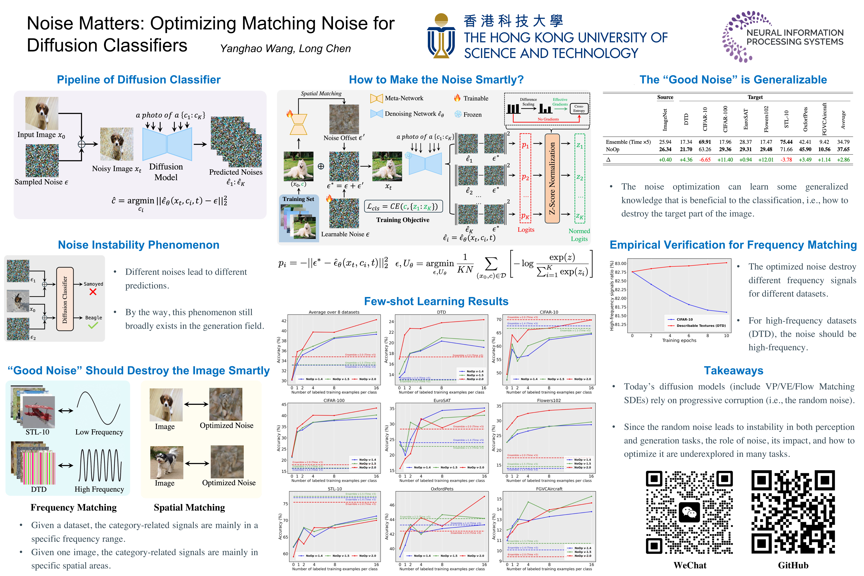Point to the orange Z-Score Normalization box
(552, 178)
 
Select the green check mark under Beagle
(93, 325)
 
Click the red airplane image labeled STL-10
(39, 411)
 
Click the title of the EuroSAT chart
(442, 400)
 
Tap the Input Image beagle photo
(42, 113)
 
